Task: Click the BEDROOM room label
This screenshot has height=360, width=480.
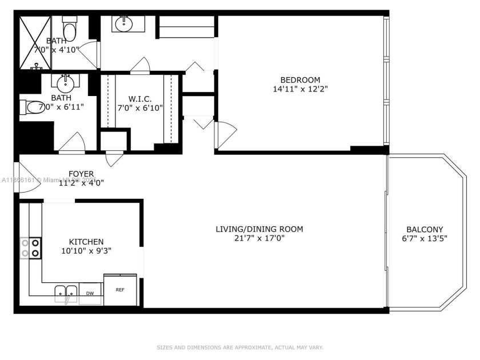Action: point(299,79)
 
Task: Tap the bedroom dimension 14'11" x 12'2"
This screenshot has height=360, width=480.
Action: point(299,89)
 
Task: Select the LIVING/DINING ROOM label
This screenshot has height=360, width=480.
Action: point(259,229)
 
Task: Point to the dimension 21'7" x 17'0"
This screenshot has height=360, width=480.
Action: point(259,238)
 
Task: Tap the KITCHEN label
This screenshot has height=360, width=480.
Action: point(86,242)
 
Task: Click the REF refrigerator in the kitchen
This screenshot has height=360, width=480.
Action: point(120,290)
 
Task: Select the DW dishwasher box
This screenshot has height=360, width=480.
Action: point(90,293)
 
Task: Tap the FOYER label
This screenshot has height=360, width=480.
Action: point(81,174)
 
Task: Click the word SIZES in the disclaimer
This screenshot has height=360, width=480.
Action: point(167,347)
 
